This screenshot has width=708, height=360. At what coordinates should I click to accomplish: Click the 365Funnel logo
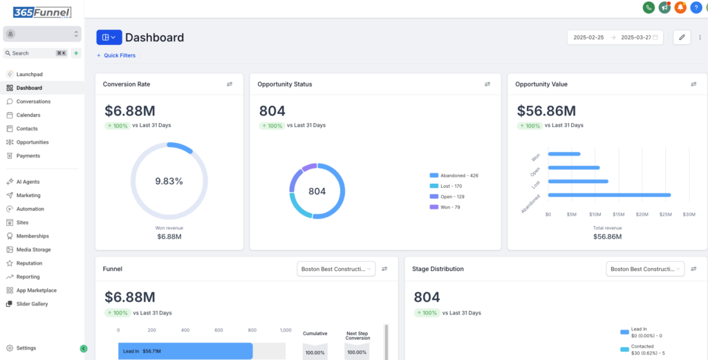point(42,12)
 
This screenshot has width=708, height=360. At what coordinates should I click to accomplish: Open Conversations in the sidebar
point(33,102)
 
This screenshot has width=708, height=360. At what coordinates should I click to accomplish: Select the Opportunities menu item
point(32,142)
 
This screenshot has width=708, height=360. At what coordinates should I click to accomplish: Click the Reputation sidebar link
point(29,263)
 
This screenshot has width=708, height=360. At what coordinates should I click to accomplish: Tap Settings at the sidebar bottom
point(26,348)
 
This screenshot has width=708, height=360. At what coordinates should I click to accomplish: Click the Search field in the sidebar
point(36,53)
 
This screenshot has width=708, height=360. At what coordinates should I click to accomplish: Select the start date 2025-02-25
point(588,37)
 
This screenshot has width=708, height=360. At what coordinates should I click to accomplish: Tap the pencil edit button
point(682,37)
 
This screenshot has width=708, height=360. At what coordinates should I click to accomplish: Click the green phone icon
point(649,7)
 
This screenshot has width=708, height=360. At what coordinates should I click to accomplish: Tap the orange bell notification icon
point(680,7)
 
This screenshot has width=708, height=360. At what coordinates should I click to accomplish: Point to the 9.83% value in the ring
point(169,181)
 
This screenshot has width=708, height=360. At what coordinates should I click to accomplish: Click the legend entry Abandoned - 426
point(454,176)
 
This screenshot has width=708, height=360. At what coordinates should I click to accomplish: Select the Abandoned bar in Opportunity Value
point(610,195)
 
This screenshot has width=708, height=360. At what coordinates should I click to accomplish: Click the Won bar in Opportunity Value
point(564,154)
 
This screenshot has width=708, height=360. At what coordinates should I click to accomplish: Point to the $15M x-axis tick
point(619,214)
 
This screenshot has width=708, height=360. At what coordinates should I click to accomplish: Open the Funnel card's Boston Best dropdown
point(336,269)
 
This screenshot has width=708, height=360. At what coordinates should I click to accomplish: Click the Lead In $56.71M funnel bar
point(185,351)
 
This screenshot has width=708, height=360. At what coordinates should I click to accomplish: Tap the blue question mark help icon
point(696,7)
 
